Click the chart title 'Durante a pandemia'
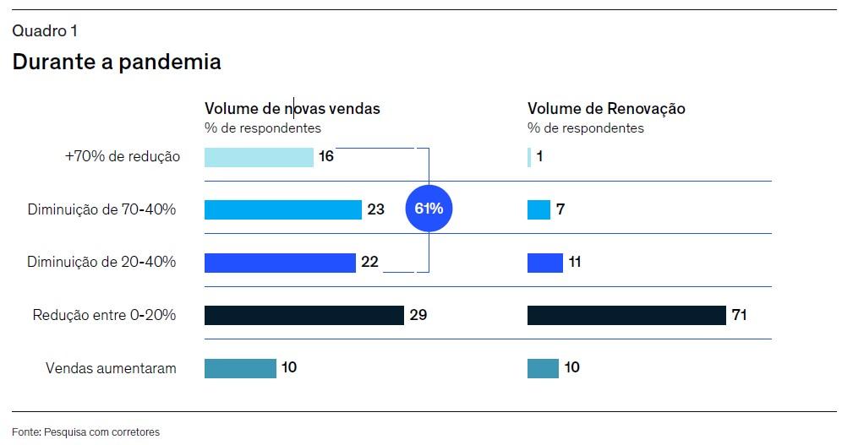(117, 62)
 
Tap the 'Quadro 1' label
(45, 31)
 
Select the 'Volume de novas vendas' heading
(292, 109)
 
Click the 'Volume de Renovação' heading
(606, 109)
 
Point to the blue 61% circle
(429, 209)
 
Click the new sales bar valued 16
(259, 157)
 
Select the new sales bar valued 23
(282, 209)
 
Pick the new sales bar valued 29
(303, 315)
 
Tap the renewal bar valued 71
(626, 315)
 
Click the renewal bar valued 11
(544, 263)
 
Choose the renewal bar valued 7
(539, 209)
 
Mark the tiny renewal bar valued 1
(529, 157)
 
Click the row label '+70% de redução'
(123, 157)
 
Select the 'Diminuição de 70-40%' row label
(101, 209)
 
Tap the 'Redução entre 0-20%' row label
(104, 315)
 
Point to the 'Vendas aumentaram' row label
(111, 368)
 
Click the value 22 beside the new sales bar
(369, 263)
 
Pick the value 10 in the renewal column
(571, 368)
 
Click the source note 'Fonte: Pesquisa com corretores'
(85, 431)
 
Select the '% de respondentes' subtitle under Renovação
(585, 128)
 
